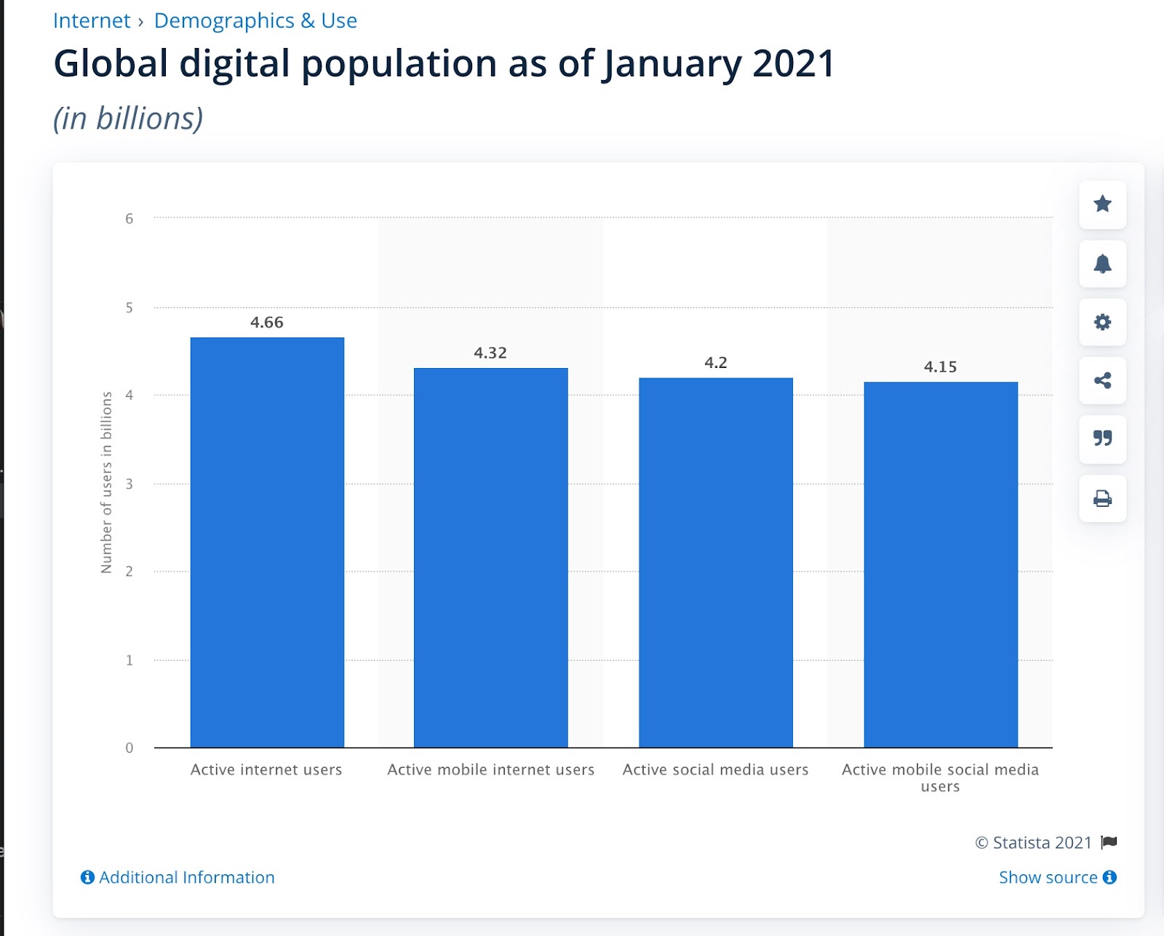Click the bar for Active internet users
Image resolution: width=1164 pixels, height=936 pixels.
click(267, 542)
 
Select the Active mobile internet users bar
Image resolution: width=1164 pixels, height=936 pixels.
click(491, 557)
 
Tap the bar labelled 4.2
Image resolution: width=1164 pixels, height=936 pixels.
click(716, 562)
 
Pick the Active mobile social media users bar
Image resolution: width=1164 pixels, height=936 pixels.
click(941, 564)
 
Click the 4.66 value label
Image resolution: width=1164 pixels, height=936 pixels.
click(267, 322)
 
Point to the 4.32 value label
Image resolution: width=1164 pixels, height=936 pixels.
click(490, 353)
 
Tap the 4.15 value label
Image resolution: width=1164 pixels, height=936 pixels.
click(941, 367)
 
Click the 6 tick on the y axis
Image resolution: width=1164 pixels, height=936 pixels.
click(129, 218)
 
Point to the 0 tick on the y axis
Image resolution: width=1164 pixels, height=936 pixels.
click(129, 748)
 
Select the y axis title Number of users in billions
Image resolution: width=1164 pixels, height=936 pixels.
click(106, 483)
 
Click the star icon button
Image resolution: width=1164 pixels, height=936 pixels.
click(1103, 204)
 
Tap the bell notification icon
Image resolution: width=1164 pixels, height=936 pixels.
click(1103, 263)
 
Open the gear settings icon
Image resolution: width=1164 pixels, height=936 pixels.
click(1103, 322)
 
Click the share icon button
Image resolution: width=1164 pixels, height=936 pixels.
click(1103, 380)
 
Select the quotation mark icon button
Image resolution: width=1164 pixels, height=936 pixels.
click(1103, 439)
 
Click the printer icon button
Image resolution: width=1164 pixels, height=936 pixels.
click(1103, 498)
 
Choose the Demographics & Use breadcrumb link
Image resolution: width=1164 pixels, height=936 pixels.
click(255, 20)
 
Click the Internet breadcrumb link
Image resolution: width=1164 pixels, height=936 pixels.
click(92, 20)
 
